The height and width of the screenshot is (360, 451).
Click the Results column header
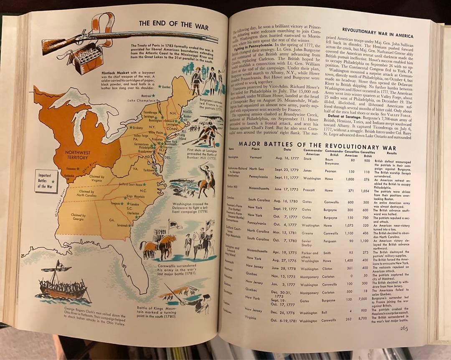click(x=391, y=153)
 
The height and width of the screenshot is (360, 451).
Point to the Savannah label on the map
click(x=124, y=225)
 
